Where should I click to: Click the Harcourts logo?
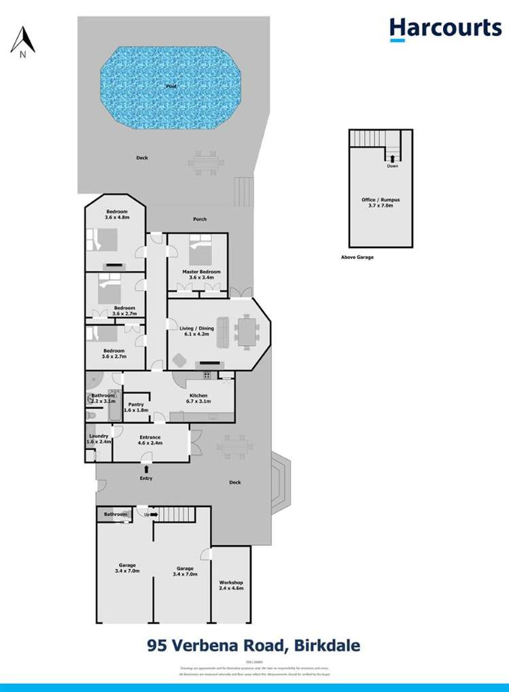pyautogui.click(x=445, y=29)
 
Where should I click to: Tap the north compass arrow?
pyautogui.click(x=23, y=39)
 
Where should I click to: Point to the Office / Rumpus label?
pyautogui.click(x=381, y=202)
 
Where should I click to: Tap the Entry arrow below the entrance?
pyautogui.click(x=146, y=468)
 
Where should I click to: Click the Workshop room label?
pyautogui.click(x=231, y=586)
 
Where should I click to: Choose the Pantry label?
pyautogui.click(x=136, y=407)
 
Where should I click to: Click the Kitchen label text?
pyautogui.click(x=198, y=398)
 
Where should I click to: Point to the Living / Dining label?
pyautogui.click(x=197, y=331)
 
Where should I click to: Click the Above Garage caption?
pyautogui.click(x=357, y=258)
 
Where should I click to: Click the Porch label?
pyautogui.click(x=199, y=219)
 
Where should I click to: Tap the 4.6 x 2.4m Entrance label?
pyautogui.click(x=150, y=440)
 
